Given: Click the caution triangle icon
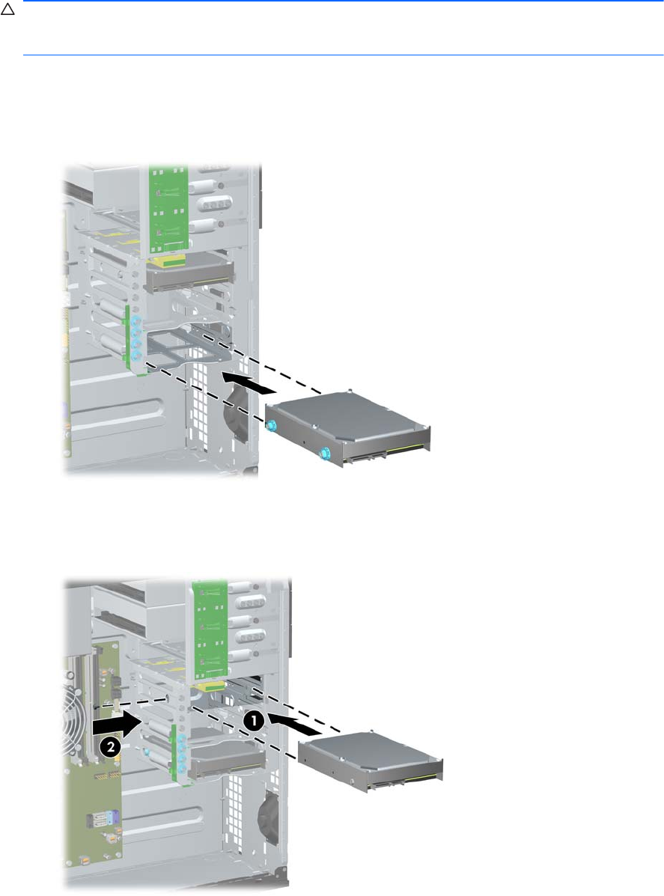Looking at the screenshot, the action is [7, 10].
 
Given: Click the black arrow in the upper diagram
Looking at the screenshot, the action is [249, 382].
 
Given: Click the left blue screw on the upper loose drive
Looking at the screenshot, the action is [271, 424].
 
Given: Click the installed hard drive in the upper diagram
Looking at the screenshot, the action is [189, 275].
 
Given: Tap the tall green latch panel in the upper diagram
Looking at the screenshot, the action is [168, 209].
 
